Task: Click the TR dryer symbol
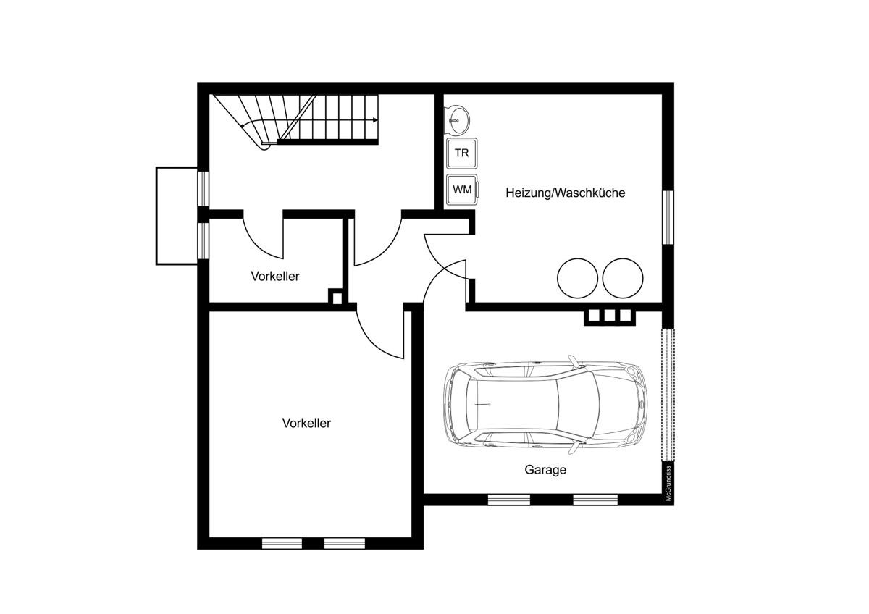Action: pos(462,153)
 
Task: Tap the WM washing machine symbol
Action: pos(463,190)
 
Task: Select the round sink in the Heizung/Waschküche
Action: pos(457,120)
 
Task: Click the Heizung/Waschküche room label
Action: pos(566,193)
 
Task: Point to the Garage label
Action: pos(545,470)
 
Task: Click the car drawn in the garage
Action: pos(545,405)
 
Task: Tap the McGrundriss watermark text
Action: pos(668,483)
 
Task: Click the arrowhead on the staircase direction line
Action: pos(375,120)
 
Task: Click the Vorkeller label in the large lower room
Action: pos(306,423)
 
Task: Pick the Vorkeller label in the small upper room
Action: pos(275,276)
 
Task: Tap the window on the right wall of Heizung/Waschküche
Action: pos(668,216)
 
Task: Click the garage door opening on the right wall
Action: pos(668,395)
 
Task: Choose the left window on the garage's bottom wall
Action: pos(508,500)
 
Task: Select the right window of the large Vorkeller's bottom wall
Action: pos(345,544)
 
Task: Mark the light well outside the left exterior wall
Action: pos(177,216)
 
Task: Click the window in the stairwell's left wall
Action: pos(203,188)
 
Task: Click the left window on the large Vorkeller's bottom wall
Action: pos(282,544)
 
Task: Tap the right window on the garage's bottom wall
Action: pos(595,500)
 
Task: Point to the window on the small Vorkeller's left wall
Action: pos(203,240)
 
